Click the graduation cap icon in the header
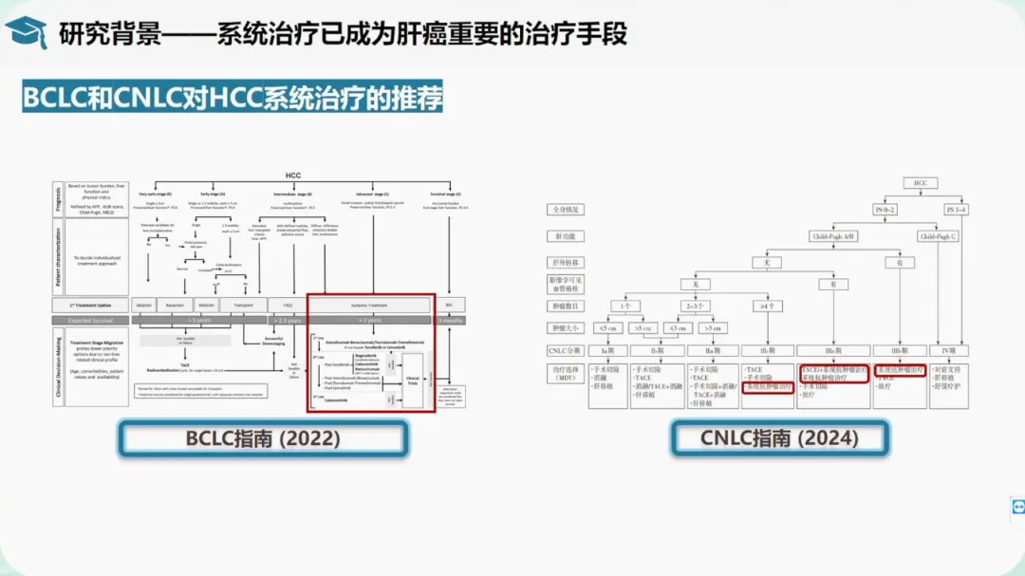tap(26, 32)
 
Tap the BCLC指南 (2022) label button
tap(263, 437)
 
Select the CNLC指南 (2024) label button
tap(779, 437)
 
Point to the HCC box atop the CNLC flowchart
tap(920, 182)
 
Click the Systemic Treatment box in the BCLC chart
tap(368, 306)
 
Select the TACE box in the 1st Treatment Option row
tap(287, 306)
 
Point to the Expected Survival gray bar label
tap(90, 321)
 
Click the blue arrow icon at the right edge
tap(1017, 507)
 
